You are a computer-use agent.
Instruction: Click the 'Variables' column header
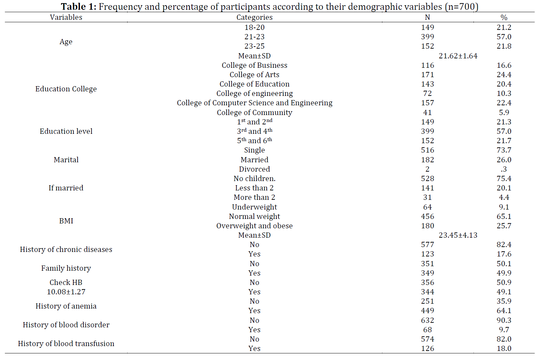coord(66,17)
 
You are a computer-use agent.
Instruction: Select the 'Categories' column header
coord(254,17)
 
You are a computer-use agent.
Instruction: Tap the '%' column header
coord(504,17)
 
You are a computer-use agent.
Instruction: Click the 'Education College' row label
coord(66,89)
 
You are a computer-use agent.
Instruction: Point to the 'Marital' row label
coord(66,159)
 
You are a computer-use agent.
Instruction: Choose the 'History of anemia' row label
coord(66,306)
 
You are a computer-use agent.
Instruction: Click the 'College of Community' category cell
coord(254,113)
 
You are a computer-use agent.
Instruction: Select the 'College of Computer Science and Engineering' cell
coord(254,103)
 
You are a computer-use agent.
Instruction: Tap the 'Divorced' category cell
coord(254,169)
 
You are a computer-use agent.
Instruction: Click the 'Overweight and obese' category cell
coord(254,226)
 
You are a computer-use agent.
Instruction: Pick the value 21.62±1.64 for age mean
coord(458,56)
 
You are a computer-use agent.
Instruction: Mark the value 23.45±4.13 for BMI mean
coord(458,235)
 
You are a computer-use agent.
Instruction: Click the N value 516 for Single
coord(427,150)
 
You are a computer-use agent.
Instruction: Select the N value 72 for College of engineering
coord(427,93)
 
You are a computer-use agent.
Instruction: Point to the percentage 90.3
coord(504,320)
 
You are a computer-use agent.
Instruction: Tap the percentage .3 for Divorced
coord(504,169)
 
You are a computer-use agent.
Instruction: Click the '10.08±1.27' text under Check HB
coord(66,292)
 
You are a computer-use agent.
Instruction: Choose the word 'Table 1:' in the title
coord(78,7)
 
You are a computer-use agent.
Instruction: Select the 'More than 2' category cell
coord(254,197)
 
